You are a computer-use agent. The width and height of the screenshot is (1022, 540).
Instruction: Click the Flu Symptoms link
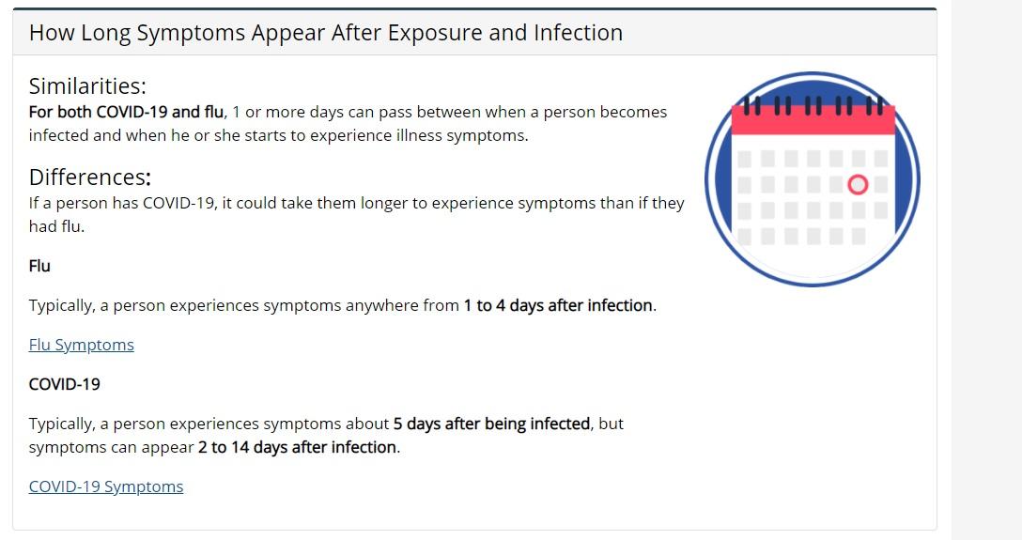tap(82, 345)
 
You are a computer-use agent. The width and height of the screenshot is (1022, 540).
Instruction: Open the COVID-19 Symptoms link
tap(106, 486)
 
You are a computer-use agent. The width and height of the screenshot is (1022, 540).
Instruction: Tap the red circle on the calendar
tap(858, 185)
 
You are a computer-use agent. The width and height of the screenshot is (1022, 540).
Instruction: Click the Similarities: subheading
tap(87, 86)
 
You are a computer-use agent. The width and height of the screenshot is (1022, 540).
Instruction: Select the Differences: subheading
tap(90, 177)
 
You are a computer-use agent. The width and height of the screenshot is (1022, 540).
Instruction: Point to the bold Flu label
tap(39, 266)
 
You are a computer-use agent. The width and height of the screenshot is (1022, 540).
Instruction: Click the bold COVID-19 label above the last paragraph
tap(65, 384)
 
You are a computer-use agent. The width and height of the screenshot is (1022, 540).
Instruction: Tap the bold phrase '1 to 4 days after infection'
tap(559, 305)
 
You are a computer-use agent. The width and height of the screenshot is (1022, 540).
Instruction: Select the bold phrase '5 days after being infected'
tap(491, 424)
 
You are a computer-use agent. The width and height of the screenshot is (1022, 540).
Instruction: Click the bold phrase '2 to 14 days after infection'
tap(297, 447)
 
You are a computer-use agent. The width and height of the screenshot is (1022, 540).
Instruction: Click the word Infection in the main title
tap(578, 33)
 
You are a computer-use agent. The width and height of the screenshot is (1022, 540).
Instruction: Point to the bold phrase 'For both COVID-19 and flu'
tap(126, 112)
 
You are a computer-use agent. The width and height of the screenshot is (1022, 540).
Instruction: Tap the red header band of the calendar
tap(813, 120)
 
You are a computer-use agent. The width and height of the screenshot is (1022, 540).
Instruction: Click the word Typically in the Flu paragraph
tap(61, 305)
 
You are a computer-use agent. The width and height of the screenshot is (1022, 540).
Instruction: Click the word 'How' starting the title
tap(53, 33)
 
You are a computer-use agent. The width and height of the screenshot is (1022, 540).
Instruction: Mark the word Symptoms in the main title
tap(191, 33)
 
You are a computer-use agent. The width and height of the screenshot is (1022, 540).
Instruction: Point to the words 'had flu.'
tap(56, 226)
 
